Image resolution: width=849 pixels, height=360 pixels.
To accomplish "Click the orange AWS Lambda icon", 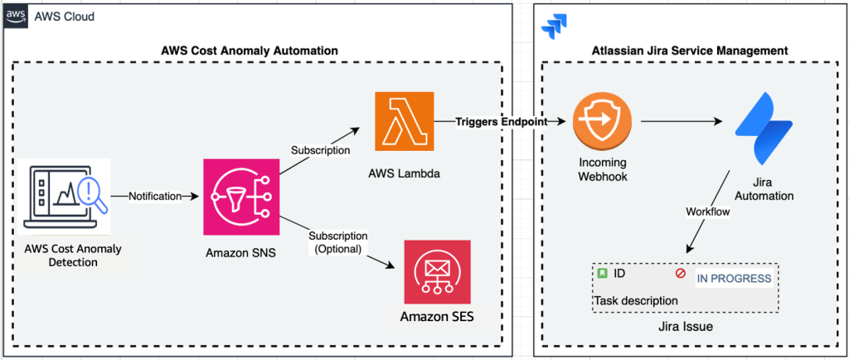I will click(404, 123).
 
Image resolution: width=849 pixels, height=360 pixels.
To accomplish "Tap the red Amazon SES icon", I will click(437, 271).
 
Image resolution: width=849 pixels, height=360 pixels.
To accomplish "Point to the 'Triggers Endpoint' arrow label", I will click(502, 122).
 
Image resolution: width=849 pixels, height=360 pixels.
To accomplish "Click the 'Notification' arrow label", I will click(156, 197).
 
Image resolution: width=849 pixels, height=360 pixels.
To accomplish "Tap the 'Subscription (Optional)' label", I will click(337, 242).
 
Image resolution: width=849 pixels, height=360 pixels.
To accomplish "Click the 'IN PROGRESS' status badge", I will click(733, 278).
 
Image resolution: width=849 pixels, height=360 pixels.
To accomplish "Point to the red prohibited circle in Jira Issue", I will click(681, 273).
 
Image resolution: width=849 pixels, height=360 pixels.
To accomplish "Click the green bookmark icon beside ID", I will click(601, 273).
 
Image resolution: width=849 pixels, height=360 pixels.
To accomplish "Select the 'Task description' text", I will click(636, 299).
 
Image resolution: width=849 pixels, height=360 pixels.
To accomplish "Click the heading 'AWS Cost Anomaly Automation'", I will click(249, 51).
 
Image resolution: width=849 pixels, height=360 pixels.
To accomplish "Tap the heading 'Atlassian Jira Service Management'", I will click(690, 51).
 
